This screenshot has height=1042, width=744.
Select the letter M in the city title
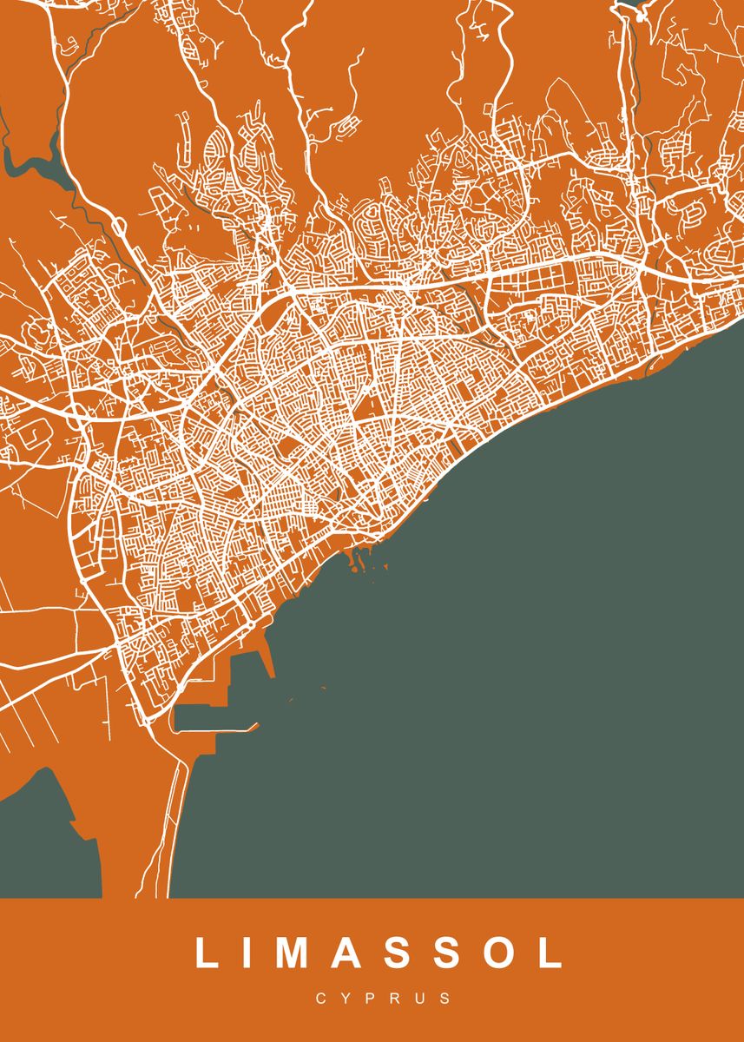pos(293,953)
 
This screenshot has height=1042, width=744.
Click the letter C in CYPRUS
pos(320,999)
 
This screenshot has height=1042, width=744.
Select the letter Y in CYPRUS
pos(346,999)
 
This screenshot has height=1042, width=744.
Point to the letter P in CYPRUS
pos(371,999)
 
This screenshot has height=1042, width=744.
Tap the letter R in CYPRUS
pos(396,999)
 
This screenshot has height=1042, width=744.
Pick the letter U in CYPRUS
pos(421,999)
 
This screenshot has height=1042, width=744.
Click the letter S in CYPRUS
pos(446,999)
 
